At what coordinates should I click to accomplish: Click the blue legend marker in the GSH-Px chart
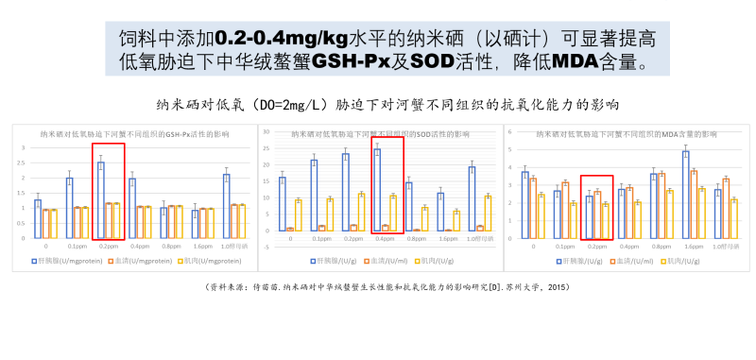[x=36, y=259]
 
